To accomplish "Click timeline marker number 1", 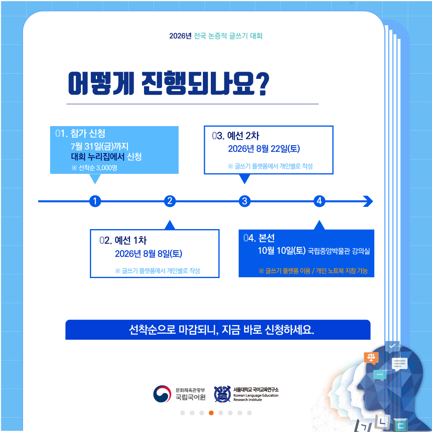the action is (95, 201).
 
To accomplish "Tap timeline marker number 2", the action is (170, 201).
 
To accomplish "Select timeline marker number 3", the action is (245, 201).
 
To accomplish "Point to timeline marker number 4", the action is (319, 201).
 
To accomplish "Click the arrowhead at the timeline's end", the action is (368, 201).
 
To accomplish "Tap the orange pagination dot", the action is (211, 413).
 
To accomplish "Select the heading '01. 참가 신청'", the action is (80, 133).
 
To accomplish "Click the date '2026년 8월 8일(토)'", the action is (148, 253).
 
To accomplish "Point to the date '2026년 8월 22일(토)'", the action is (264, 149).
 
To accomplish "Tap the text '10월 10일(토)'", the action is (282, 251).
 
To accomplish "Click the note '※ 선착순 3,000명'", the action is (94, 167).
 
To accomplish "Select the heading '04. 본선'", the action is (259, 238).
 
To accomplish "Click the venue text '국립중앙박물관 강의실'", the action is (339, 251).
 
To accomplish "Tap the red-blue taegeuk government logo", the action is (162, 394).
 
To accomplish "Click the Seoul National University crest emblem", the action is (222, 394).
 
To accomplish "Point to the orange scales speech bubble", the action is (371, 358).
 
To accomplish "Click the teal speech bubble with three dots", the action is (379, 375).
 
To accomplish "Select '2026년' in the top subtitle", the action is (180, 36).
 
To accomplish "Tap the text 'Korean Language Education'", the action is (256, 395).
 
